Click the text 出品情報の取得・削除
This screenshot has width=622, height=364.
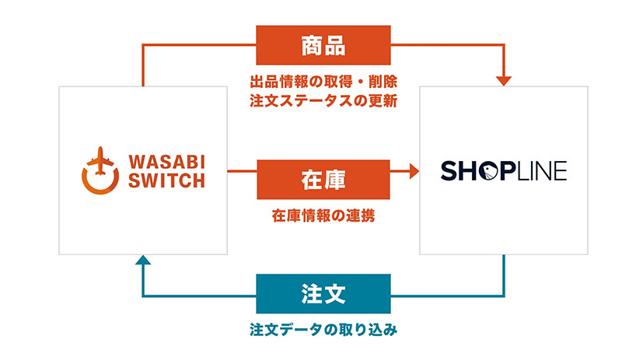(x=323, y=81)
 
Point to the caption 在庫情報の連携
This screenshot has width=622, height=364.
(x=323, y=215)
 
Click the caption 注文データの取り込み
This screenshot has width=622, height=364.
(x=323, y=330)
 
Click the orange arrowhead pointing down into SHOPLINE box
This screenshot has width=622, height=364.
(x=505, y=79)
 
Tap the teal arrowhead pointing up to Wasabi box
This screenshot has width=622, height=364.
(x=142, y=261)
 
